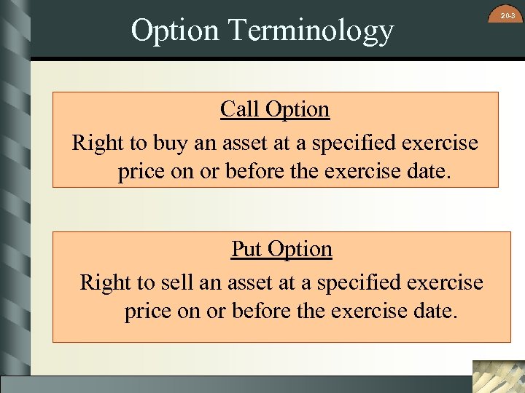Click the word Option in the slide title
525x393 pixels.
pyautogui.click(x=174, y=31)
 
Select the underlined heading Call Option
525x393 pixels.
pyautogui.click(x=275, y=110)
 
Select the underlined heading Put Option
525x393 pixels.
pyautogui.click(x=281, y=249)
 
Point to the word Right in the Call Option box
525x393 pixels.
pyautogui.click(x=98, y=143)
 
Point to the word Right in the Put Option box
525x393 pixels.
pyautogui.click(x=106, y=282)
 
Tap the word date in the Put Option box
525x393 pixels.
pyautogui.click(x=435, y=311)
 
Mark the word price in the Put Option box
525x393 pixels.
pyautogui.click(x=147, y=312)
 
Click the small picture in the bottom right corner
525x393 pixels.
pyautogui.click(x=498, y=376)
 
